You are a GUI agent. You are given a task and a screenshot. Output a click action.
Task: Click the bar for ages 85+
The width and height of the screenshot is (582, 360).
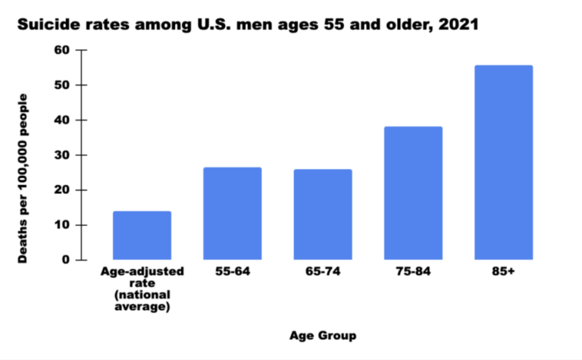click(503, 163)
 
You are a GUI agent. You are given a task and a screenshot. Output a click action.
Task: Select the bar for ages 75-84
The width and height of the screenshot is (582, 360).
click(413, 193)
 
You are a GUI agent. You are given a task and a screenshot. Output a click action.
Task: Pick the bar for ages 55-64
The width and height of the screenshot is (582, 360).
click(232, 214)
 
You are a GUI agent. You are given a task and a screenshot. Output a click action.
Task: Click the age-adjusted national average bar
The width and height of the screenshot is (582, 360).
click(142, 236)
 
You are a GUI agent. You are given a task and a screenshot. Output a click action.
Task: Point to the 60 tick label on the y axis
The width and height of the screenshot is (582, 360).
click(61, 50)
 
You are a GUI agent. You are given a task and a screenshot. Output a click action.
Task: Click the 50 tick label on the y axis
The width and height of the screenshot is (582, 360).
click(61, 85)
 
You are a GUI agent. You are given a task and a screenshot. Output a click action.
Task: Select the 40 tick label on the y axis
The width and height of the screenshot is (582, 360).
click(61, 120)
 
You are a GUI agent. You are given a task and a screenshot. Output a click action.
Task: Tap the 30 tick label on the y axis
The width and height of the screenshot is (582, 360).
click(61, 155)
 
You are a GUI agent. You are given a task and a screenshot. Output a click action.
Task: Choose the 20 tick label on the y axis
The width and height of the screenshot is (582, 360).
click(61, 190)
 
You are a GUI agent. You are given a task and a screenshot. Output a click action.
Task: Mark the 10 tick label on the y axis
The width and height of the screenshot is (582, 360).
click(61, 225)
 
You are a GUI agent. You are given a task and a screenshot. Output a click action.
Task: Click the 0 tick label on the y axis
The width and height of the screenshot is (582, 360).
click(65, 260)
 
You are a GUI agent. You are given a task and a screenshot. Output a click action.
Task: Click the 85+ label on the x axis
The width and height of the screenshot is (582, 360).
click(503, 271)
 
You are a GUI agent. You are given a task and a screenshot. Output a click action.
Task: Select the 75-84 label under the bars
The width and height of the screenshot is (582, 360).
click(413, 271)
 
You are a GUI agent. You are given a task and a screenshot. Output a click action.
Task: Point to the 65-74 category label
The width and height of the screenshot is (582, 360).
click(323, 271)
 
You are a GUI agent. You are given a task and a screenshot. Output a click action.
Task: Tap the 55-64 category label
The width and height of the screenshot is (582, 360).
click(232, 271)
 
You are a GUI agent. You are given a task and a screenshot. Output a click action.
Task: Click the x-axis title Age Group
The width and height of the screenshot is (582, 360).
click(322, 335)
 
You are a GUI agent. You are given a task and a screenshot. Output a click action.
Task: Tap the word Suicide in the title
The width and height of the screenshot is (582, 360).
click(46, 23)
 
